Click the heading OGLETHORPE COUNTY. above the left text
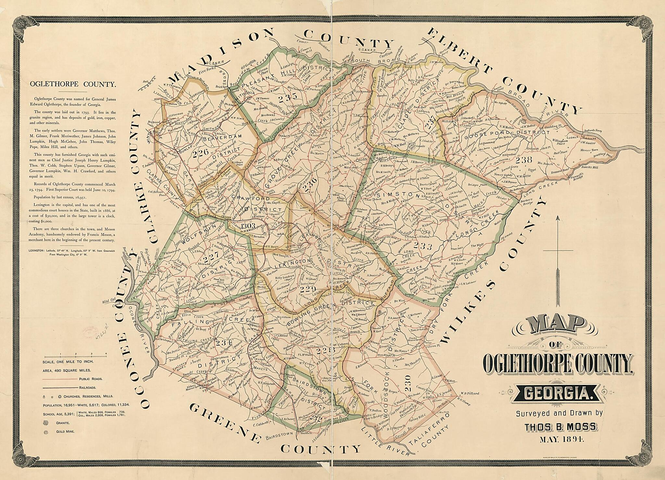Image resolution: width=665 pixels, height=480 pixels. coord(73,85)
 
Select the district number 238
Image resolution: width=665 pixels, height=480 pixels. coord(524,159)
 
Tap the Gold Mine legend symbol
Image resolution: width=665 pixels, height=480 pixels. coord(45,432)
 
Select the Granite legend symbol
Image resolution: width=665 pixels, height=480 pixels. coord(45,423)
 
